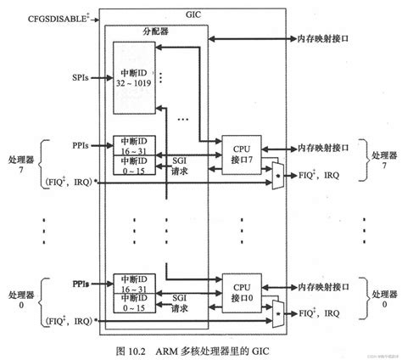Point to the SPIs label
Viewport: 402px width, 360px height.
click(81, 78)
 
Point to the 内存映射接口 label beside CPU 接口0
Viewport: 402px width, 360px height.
click(324, 284)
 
